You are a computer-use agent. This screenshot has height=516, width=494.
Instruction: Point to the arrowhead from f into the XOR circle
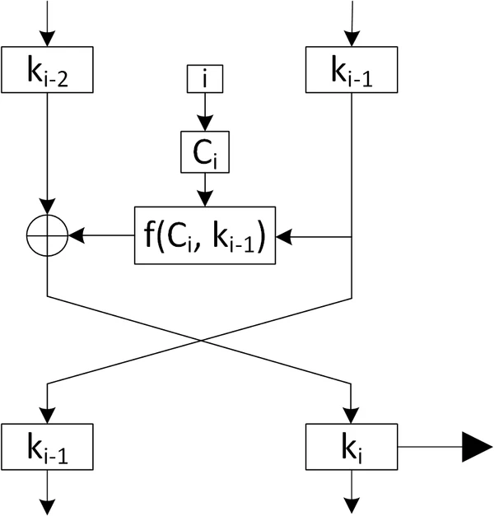77,237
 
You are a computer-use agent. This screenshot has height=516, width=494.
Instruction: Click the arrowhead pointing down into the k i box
352,413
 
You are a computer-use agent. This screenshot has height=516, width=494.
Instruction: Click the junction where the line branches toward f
352,237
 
